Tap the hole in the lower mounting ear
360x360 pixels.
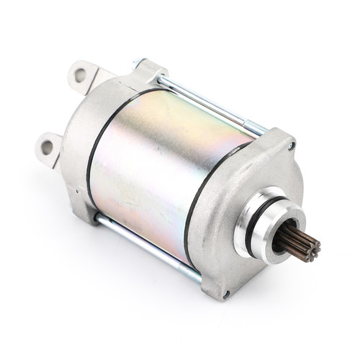pyautogui.click(x=48, y=147)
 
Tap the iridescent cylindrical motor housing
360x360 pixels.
pyautogui.click(x=166, y=166)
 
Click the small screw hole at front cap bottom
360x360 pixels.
pyautogui.click(x=226, y=294)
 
